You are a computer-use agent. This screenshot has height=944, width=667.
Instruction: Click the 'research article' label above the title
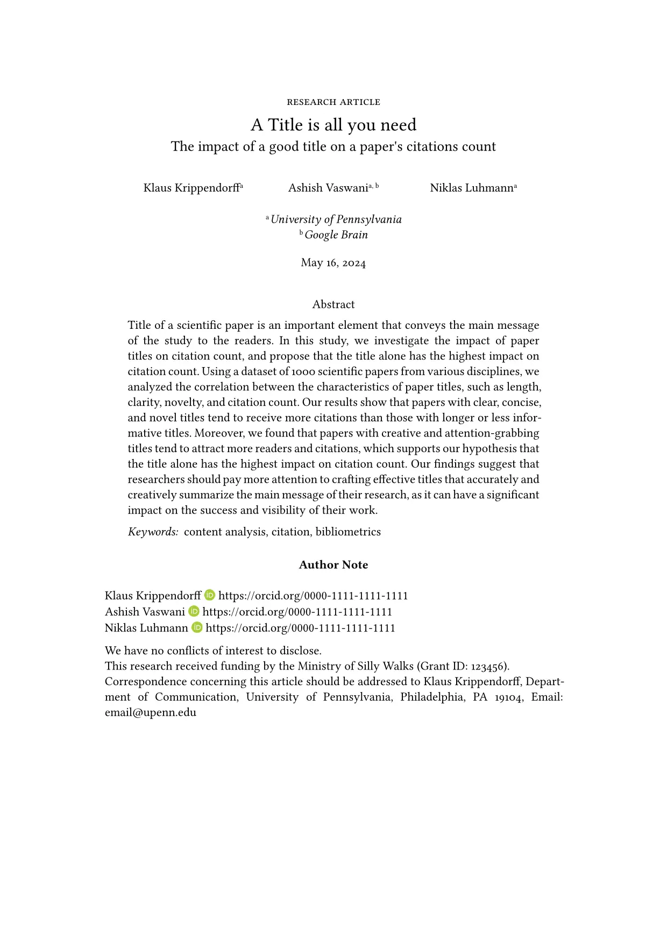pyautogui.click(x=334, y=102)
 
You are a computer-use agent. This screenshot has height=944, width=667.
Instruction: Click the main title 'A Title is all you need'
pyautogui.click(x=334, y=125)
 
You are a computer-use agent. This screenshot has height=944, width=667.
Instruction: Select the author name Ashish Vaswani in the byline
pyautogui.click(x=328, y=188)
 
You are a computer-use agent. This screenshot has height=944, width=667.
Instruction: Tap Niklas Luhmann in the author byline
pyautogui.click(x=471, y=188)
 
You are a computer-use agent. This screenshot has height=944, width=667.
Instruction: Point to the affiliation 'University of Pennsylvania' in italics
pyautogui.click(x=336, y=219)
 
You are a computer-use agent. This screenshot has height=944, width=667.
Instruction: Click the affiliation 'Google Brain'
pyautogui.click(x=336, y=235)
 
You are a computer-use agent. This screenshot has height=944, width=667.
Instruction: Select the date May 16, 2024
pyautogui.click(x=334, y=263)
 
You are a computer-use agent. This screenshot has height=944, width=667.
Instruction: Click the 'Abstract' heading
pyautogui.click(x=334, y=305)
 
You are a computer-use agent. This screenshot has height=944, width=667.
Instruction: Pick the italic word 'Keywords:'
pyautogui.click(x=153, y=532)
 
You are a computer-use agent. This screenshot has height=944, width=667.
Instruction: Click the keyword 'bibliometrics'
pyautogui.click(x=348, y=532)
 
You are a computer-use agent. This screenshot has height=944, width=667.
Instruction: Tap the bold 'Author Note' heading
pyautogui.click(x=334, y=565)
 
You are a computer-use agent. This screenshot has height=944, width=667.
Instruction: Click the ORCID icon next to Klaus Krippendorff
pyautogui.click(x=210, y=595)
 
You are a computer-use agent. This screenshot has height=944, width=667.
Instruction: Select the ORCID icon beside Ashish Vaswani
pyautogui.click(x=194, y=611)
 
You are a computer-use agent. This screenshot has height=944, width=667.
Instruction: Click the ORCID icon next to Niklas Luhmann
pyautogui.click(x=197, y=628)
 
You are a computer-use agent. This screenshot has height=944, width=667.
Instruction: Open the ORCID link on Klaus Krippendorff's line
pyautogui.click(x=313, y=596)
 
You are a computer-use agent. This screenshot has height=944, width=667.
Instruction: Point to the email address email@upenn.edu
pyautogui.click(x=151, y=713)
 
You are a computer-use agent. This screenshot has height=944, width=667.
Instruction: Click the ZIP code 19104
pyautogui.click(x=509, y=698)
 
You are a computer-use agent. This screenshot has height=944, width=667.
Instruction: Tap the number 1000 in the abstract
pyautogui.click(x=303, y=372)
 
